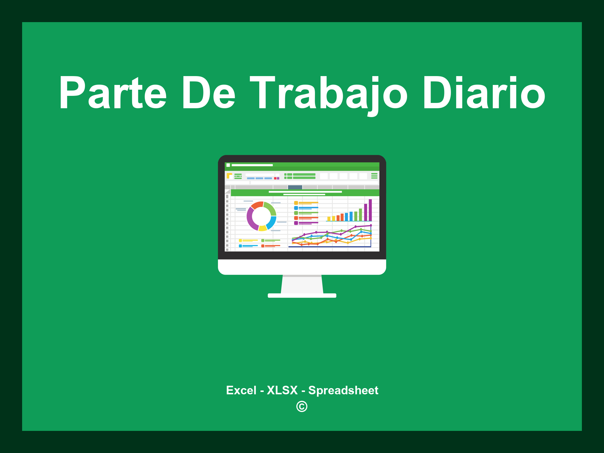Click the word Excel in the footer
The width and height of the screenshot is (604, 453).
point(241,390)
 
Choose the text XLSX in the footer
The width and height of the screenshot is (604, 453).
point(282,390)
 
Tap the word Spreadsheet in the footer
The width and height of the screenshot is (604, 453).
point(343,390)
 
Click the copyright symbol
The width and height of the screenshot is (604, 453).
point(302,406)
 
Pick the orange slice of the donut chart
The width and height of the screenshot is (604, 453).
point(257,205)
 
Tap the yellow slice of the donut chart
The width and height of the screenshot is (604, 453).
point(262,228)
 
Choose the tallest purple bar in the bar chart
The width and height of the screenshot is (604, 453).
point(370,210)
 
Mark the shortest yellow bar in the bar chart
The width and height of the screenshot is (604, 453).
point(329,219)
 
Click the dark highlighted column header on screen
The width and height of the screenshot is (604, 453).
point(295,187)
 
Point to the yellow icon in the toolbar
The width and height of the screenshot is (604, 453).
point(229,176)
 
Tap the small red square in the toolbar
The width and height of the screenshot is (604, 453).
point(275,178)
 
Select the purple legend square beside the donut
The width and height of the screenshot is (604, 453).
point(296,223)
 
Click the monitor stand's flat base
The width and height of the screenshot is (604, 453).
point(302,296)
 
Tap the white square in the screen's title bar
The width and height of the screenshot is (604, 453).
point(228,165)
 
